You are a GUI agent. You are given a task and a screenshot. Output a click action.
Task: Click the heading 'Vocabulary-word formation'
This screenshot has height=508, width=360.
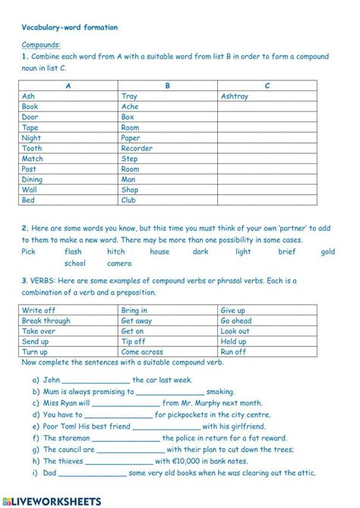tap(70, 27)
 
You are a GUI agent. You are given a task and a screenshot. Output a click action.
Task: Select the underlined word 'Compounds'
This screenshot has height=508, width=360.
tap(41, 45)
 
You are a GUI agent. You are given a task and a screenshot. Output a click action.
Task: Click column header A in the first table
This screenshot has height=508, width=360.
tap(69, 86)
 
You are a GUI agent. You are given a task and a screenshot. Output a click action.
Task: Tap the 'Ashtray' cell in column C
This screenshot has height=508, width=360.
tap(235, 96)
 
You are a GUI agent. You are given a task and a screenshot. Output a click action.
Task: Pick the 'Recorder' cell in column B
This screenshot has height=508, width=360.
tap(137, 149)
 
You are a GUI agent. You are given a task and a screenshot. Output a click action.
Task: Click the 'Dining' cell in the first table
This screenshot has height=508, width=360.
tap(33, 180)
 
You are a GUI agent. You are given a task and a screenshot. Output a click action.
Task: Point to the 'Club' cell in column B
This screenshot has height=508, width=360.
tap(129, 200)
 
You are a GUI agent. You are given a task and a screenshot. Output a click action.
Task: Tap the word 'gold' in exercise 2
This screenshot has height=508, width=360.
tap(327, 251)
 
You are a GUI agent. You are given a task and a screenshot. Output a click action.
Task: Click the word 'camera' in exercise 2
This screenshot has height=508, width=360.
tap(119, 263)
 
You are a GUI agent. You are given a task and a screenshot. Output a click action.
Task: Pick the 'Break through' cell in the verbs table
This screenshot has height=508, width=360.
tap(46, 321)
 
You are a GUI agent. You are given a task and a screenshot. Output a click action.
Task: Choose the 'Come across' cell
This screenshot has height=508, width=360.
tap(142, 352)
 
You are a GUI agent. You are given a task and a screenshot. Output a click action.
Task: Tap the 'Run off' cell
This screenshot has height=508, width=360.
tap(233, 352)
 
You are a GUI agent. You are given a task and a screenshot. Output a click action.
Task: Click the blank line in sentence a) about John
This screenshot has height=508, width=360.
tap(96, 380)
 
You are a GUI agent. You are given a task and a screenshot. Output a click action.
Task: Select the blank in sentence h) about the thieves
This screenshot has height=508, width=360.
tap(121, 461)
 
